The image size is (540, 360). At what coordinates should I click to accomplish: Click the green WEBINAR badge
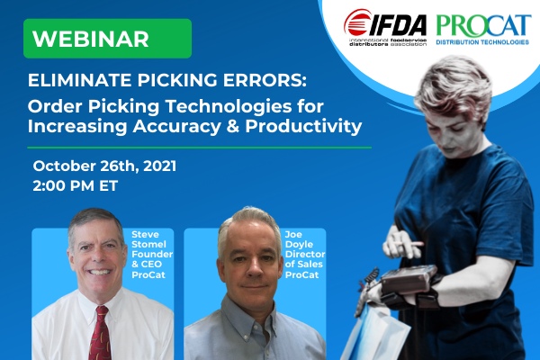pos(107,38)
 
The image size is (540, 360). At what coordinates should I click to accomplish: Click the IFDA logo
pos(385,28)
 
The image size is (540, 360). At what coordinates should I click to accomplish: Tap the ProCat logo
pos(482,30)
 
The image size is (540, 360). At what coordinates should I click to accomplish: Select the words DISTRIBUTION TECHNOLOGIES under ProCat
pos(482,42)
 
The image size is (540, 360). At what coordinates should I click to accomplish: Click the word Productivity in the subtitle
pos(303,126)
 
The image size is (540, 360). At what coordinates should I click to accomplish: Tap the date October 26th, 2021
pos(104,166)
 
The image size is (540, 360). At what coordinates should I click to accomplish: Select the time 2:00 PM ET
pos(76,185)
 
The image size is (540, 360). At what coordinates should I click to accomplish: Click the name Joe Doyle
pos(299,239)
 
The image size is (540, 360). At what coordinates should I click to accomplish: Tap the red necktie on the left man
pos(100,333)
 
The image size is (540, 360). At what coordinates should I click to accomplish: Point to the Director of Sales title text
pos(305,259)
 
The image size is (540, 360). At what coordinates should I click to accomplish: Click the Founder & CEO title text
pos(152,259)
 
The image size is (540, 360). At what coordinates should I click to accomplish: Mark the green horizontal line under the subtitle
pos(200,148)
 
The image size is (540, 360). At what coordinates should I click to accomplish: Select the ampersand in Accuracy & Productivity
pos(232,126)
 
